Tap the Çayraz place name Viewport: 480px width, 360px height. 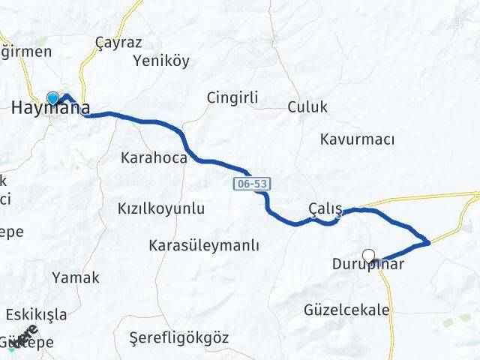118,43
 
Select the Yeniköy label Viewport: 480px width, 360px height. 160,61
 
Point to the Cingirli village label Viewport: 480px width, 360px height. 232,97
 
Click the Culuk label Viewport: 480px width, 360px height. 307,107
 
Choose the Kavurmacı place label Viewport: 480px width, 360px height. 357,139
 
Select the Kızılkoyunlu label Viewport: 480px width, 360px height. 161,209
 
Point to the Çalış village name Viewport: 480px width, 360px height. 325,208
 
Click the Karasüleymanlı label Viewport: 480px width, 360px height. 204,245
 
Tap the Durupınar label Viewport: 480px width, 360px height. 367,265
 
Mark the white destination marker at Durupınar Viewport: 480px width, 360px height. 368,256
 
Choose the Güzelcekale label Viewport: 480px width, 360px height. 346,310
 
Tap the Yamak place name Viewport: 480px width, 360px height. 75,277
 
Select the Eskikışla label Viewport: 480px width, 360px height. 36,314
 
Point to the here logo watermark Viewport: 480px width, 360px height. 24,337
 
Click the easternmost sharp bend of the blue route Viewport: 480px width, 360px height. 428,242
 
